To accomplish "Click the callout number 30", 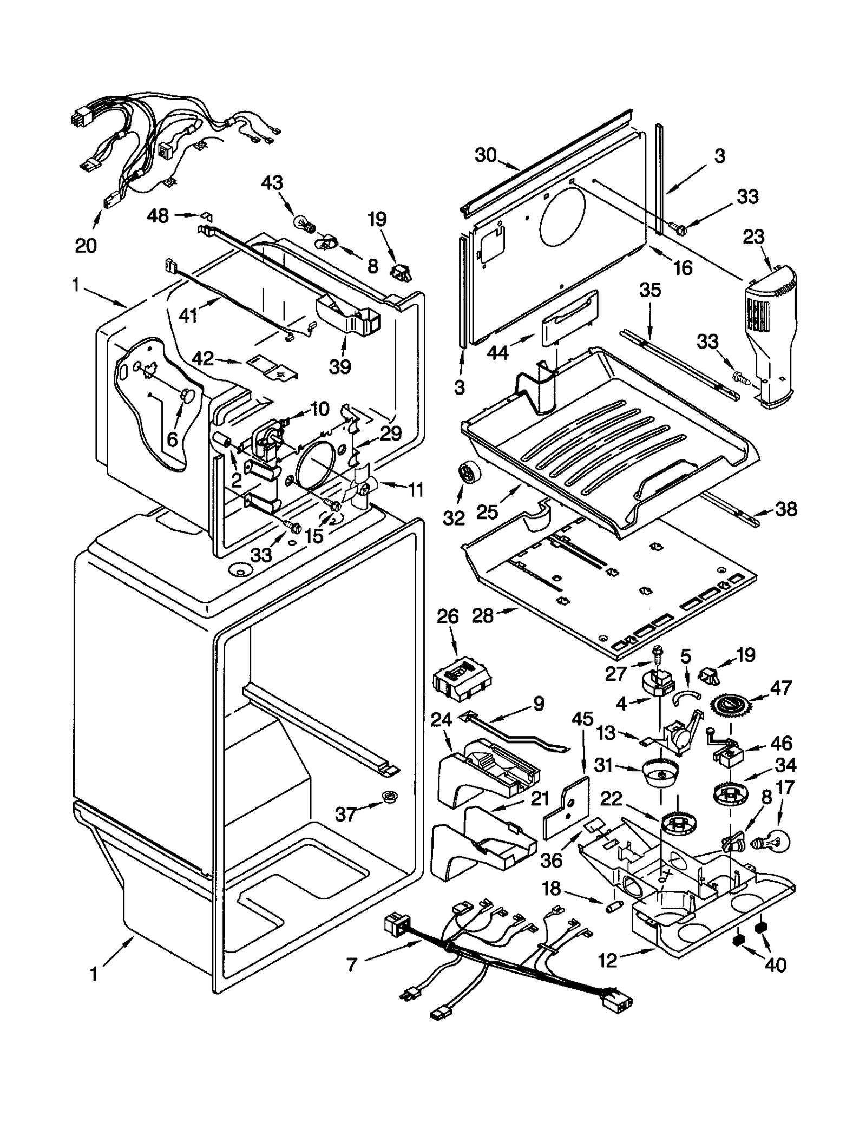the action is click(486, 155).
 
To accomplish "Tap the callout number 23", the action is click(753, 237).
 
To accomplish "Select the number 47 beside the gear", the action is click(780, 688).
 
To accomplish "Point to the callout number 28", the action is click(482, 615).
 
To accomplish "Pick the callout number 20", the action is click(86, 245).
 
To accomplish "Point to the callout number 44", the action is click(497, 353).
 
